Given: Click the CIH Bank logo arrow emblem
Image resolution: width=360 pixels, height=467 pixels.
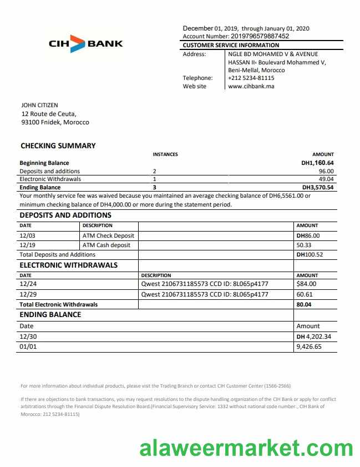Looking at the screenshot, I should click(x=78, y=43).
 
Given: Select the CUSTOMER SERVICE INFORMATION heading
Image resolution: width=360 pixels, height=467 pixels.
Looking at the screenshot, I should click(x=231, y=45).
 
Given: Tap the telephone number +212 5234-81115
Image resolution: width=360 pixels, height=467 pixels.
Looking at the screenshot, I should click(x=251, y=78).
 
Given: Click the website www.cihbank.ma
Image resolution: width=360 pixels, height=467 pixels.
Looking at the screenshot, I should click(x=251, y=86).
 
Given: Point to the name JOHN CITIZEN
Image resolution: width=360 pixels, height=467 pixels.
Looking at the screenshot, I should click(x=39, y=105).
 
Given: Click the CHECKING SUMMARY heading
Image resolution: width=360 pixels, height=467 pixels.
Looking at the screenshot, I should click(x=58, y=145).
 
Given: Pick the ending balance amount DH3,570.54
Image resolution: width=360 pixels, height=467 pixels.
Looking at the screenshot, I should click(x=318, y=188).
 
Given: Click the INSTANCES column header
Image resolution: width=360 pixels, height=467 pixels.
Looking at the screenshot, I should click(x=165, y=154).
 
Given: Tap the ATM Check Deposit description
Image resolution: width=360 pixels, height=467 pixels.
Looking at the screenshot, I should click(x=108, y=235).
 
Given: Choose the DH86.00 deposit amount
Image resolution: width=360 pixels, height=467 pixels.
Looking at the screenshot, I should click(x=308, y=235).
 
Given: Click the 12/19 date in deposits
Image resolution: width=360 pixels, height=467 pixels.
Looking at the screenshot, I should click(x=27, y=245).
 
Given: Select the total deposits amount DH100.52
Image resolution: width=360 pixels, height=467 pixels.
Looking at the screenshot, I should click(x=310, y=254).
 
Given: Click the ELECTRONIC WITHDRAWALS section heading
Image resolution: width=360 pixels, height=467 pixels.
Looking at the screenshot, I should click(x=69, y=265).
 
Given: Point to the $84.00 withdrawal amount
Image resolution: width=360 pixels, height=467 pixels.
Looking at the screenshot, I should click(x=307, y=284).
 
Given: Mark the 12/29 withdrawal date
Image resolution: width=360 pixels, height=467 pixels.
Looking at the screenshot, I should click(x=27, y=294).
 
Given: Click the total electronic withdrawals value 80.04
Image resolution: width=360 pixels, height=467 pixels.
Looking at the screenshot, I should click(x=303, y=304).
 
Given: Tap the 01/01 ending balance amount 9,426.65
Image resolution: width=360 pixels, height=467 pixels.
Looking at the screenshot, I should click(x=308, y=347).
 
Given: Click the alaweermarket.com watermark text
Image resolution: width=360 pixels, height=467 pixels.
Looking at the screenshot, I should click(x=246, y=447).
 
